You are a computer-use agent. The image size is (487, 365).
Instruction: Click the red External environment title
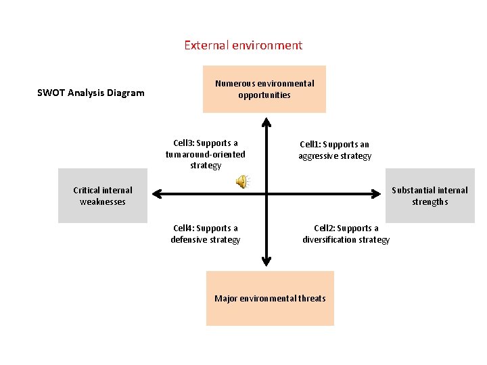[243, 45]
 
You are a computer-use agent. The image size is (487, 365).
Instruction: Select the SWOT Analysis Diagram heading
[91, 93]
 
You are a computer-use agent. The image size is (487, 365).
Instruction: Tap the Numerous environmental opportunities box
[264, 89]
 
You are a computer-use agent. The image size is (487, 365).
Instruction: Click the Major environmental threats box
[270, 298]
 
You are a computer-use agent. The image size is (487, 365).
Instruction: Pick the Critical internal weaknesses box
[103, 195]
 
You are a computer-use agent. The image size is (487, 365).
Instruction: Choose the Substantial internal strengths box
[430, 195]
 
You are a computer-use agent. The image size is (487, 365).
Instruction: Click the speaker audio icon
[241, 180]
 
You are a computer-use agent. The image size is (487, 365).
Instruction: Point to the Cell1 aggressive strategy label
[335, 150]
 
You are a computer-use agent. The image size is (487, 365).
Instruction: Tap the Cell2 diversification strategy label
[346, 234]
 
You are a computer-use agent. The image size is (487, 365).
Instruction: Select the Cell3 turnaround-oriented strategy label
[206, 154]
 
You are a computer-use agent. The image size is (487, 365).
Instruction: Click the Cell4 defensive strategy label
[206, 234]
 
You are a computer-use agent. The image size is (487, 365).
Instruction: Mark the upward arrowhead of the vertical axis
[266, 122]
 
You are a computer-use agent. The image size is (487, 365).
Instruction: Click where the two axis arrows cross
[266, 194]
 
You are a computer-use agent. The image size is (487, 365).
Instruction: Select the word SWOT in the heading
[51, 93]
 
